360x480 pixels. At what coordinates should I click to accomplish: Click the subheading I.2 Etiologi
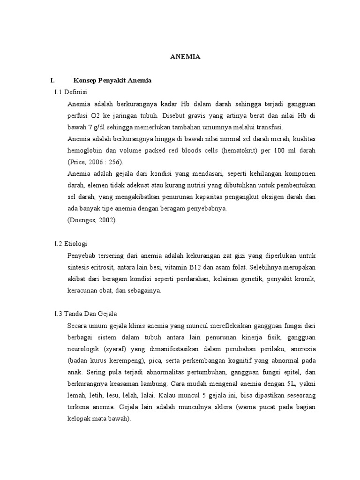click(71, 244)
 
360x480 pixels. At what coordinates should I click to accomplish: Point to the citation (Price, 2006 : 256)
click(95, 162)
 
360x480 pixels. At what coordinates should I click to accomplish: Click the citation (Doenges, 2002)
click(92, 220)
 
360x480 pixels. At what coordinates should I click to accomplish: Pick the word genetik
click(251, 279)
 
